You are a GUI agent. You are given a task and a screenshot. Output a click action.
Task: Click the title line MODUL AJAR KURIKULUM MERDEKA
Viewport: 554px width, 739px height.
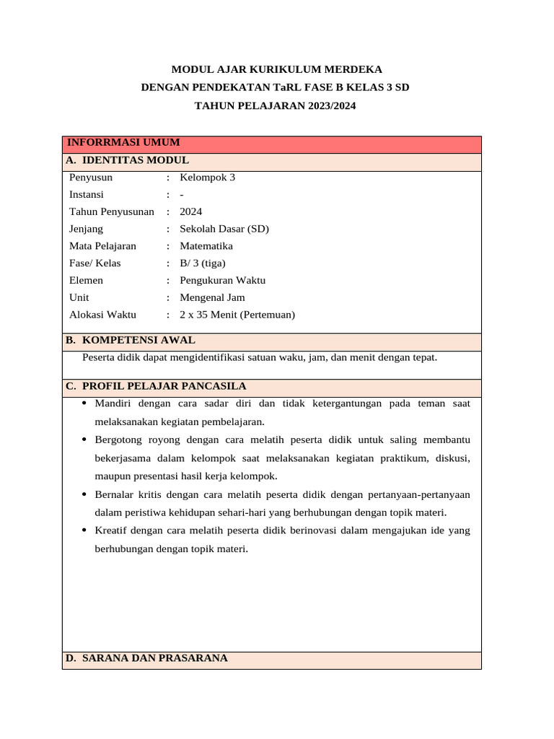(x=276, y=69)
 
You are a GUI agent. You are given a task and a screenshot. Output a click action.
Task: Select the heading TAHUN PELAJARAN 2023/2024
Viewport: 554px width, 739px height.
(x=276, y=105)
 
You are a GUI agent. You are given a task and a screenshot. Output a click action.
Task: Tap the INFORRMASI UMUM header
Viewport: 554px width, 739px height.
(x=123, y=143)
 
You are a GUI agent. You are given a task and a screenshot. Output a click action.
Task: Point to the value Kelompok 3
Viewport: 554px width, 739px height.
(x=207, y=177)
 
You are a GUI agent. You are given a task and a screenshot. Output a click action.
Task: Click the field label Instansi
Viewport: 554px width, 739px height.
(x=87, y=194)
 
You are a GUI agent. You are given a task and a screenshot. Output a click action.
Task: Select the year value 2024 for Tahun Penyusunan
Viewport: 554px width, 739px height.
(x=191, y=211)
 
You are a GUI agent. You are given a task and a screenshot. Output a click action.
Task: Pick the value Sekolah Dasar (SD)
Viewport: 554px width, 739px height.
(x=224, y=229)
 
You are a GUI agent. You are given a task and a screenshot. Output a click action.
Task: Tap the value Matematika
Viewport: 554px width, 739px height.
(x=206, y=246)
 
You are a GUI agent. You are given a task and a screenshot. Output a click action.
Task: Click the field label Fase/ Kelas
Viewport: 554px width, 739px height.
(x=95, y=263)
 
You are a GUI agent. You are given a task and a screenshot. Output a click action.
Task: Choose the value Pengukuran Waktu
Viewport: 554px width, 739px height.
(x=224, y=280)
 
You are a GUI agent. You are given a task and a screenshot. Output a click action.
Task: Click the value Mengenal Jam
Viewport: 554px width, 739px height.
(x=212, y=297)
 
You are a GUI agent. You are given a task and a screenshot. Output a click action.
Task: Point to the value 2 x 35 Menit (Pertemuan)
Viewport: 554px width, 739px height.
(x=237, y=315)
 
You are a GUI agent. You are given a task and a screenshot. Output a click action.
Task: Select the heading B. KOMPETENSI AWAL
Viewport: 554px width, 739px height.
(x=130, y=340)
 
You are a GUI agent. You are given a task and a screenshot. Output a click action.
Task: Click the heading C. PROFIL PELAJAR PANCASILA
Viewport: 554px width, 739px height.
(x=156, y=386)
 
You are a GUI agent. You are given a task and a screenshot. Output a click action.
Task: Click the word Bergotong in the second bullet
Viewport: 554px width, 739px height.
(x=117, y=440)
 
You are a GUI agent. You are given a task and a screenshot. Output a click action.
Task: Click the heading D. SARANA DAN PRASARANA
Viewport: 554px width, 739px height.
(x=146, y=658)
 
